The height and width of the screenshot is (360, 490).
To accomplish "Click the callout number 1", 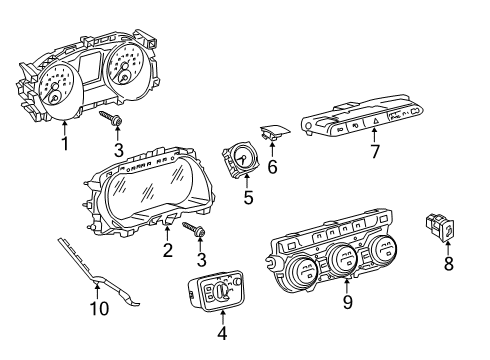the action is click(x=65, y=144).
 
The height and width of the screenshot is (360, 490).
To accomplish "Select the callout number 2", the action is click(x=168, y=250).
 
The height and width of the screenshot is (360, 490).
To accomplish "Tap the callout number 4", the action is click(x=222, y=333).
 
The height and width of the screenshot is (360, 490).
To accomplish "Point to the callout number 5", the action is click(x=248, y=197).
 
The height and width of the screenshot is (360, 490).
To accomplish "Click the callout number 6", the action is click(x=272, y=167).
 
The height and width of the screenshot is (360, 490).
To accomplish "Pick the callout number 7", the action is click(x=375, y=152).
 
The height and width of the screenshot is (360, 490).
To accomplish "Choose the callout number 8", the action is click(x=449, y=263).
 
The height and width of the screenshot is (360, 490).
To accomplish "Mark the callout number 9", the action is click(x=347, y=302).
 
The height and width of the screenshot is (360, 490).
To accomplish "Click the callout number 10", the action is click(x=99, y=309).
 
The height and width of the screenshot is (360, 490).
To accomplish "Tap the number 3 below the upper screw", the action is click(x=118, y=150).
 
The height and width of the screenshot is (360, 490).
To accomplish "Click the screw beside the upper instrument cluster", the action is click(x=111, y=118).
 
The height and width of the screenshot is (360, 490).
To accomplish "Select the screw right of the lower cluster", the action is click(x=194, y=229).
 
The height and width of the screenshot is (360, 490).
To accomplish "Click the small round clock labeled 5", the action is click(x=239, y=158).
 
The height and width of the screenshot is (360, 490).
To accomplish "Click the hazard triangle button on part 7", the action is click(x=375, y=123).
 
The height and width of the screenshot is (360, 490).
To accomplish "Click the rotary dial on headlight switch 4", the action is click(x=223, y=291).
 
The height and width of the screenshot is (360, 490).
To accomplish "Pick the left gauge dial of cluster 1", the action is click(x=59, y=90).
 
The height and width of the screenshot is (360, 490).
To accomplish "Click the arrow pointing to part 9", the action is click(x=347, y=286).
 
